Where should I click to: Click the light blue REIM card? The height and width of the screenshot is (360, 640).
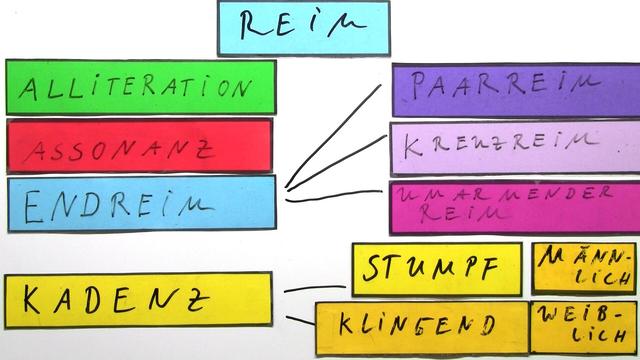303,28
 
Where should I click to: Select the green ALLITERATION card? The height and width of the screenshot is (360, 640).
140,87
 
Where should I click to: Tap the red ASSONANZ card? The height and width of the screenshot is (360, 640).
140,146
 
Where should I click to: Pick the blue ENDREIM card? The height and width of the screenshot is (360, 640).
140,203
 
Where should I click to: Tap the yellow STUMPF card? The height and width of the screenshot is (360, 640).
436,269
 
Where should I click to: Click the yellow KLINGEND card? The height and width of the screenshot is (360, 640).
421,326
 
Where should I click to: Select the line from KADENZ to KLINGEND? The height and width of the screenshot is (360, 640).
299,319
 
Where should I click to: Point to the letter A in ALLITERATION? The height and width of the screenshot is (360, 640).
27,89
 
